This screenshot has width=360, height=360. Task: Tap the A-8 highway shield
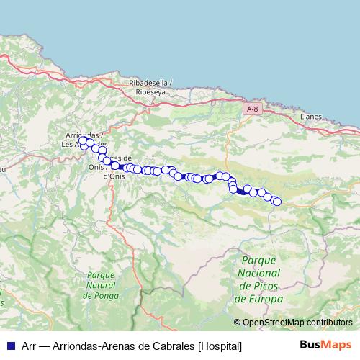(251, 109)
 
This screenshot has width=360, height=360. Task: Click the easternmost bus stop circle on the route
(276, 202)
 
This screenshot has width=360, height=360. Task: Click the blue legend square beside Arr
(10, 346)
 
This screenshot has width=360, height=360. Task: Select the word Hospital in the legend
(220, 346)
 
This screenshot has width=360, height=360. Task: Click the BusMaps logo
(325, 346)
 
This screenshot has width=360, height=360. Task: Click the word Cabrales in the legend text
(171, 346)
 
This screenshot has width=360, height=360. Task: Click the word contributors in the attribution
(325, 323)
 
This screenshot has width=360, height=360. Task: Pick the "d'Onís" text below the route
(116, 176)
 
